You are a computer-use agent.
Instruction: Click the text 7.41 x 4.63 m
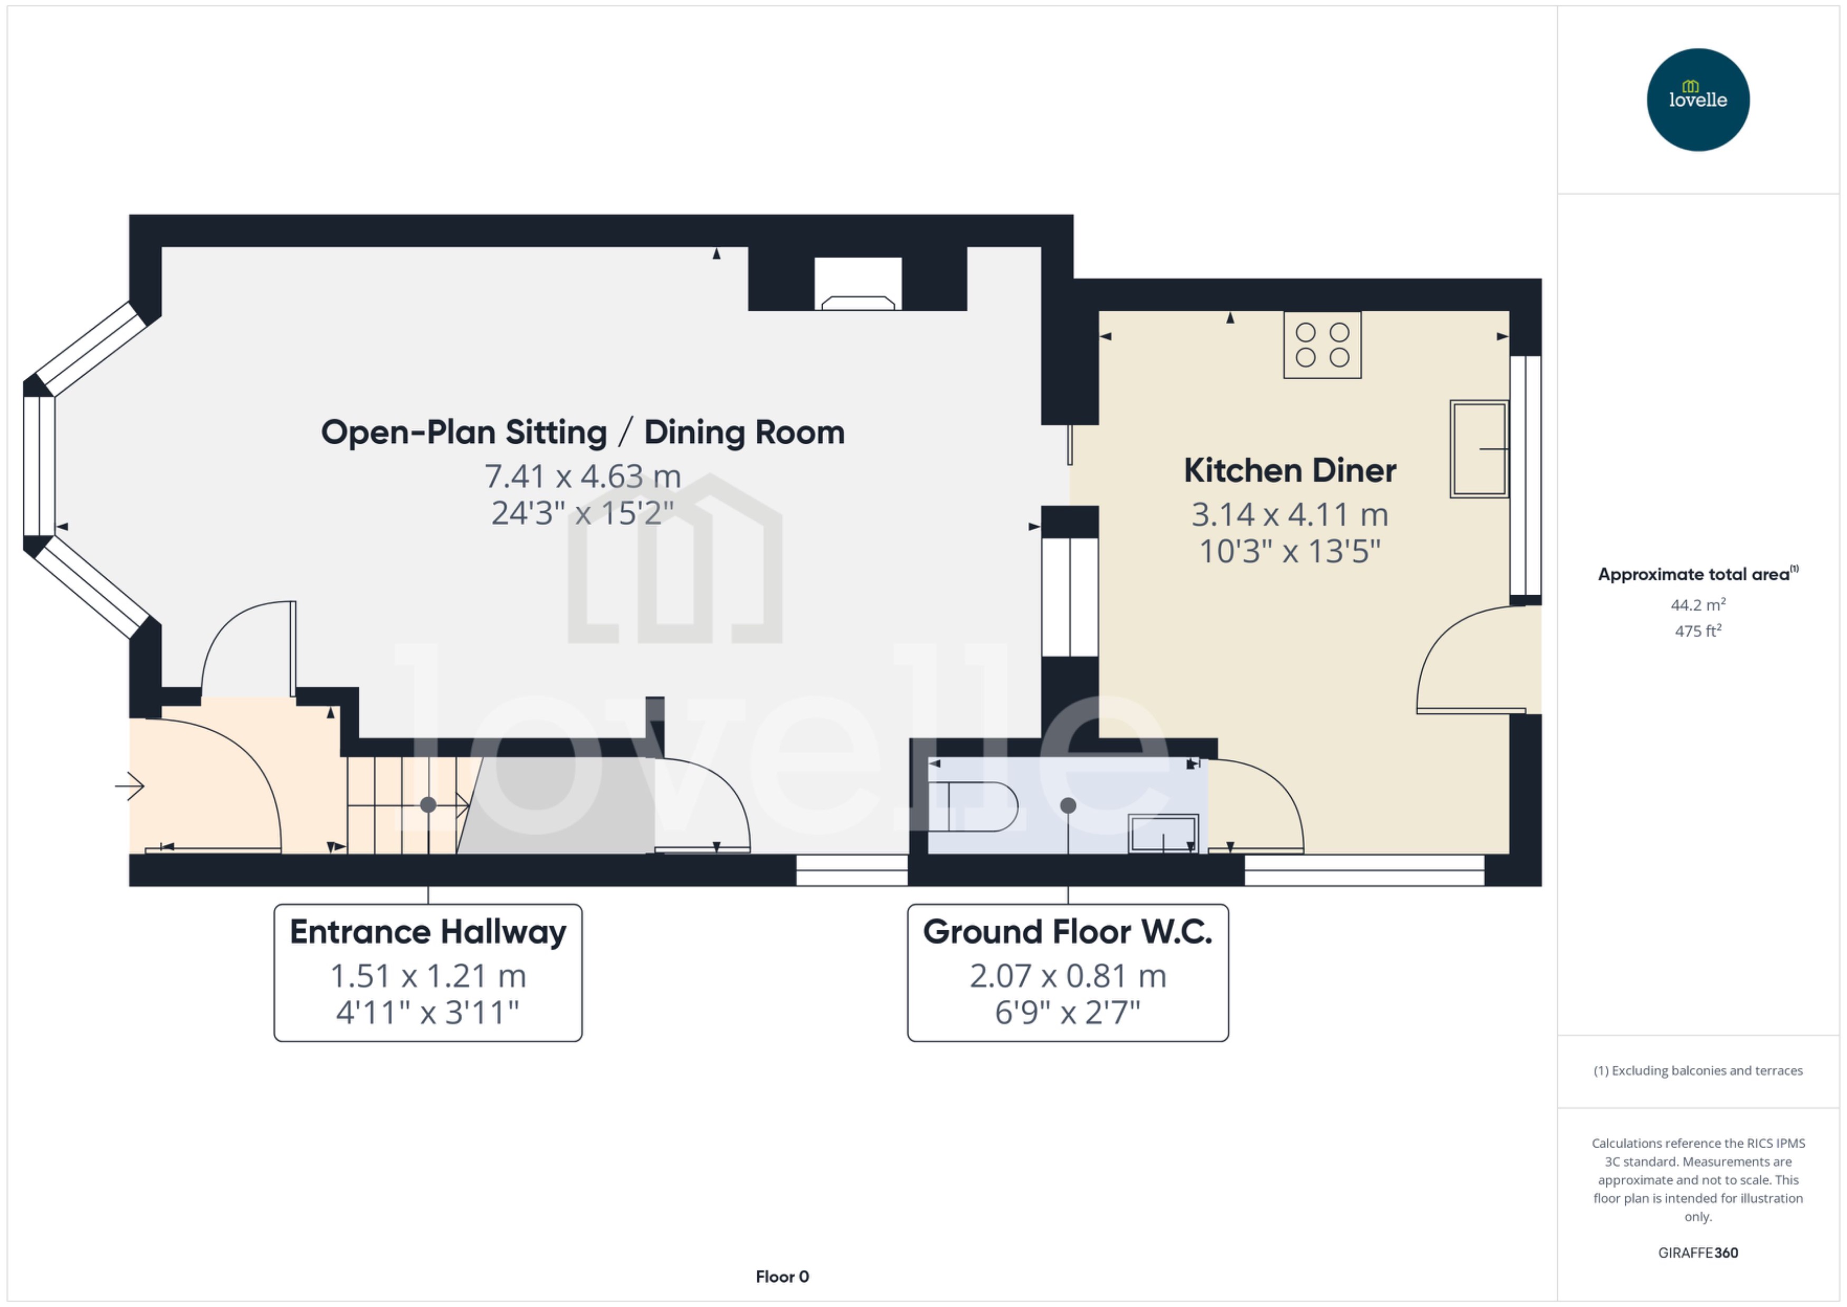(x=582, y=476)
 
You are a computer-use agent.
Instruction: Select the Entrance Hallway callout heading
(x=427, y=932)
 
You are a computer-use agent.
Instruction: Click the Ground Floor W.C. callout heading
(x=1067, y=932)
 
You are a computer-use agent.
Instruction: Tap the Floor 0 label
(x=782, y=1276)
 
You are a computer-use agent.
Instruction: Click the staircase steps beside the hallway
(x=403, y=805)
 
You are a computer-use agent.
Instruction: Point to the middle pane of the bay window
(x=39, y=466)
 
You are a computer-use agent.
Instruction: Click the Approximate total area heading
(x=1694, y=575)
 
